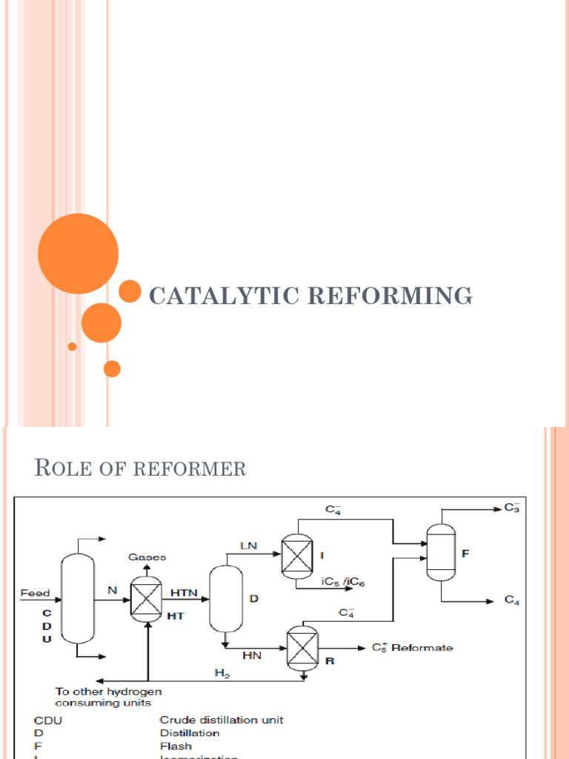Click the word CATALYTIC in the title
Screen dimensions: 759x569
coord(223,295)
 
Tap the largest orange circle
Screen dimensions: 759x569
coord(78,253)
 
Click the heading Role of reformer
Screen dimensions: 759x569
coord(140,468)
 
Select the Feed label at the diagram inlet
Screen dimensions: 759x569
coord(35,593)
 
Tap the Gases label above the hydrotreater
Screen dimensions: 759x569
coord(147,556)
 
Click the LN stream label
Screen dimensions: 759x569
coord(248,546)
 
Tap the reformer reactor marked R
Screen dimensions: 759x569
coord(302,646)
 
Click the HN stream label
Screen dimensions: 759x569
coord(252,655)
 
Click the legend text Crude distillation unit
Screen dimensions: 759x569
coord(222,719)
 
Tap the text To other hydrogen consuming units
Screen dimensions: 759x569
coord(109,697)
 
